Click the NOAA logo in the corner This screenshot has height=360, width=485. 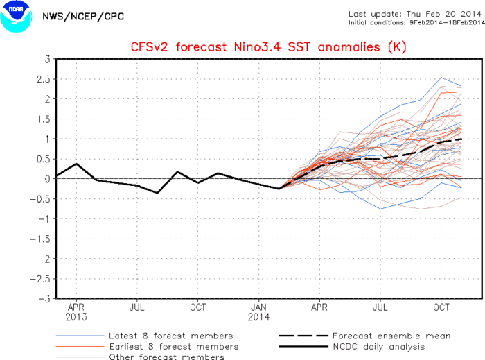click(17, 17)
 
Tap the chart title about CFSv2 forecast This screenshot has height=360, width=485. click(268, 47)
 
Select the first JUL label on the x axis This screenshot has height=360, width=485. click(136, 306)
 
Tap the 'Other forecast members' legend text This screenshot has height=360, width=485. click(166, 357)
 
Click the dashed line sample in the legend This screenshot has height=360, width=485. click(301, 336)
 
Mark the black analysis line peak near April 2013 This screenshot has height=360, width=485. click(76, 164)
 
